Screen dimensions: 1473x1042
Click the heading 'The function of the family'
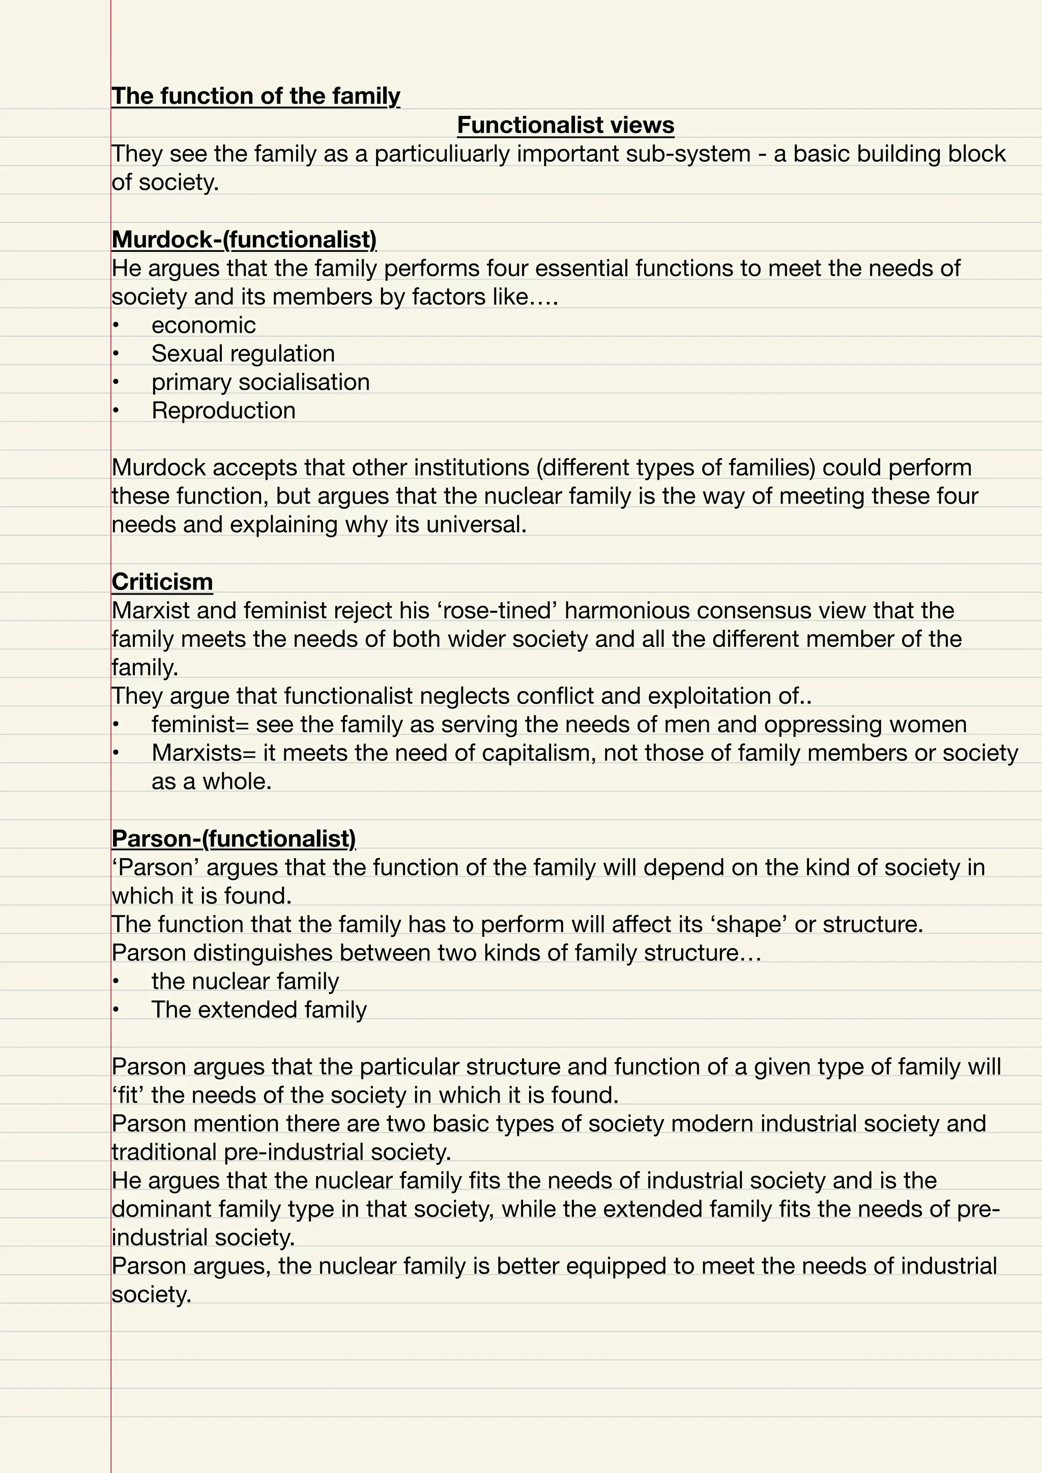255,96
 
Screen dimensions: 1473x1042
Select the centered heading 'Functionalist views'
565,125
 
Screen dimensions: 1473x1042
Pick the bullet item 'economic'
204,325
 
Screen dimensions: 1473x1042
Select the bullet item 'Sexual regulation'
243,353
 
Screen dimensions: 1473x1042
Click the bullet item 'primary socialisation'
260,382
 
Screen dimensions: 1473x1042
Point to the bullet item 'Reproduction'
223,410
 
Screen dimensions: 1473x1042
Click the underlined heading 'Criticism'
162,582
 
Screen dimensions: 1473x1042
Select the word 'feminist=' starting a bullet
199,724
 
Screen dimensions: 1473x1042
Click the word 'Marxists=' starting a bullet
204,753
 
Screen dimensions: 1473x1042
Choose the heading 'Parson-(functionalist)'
234,839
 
